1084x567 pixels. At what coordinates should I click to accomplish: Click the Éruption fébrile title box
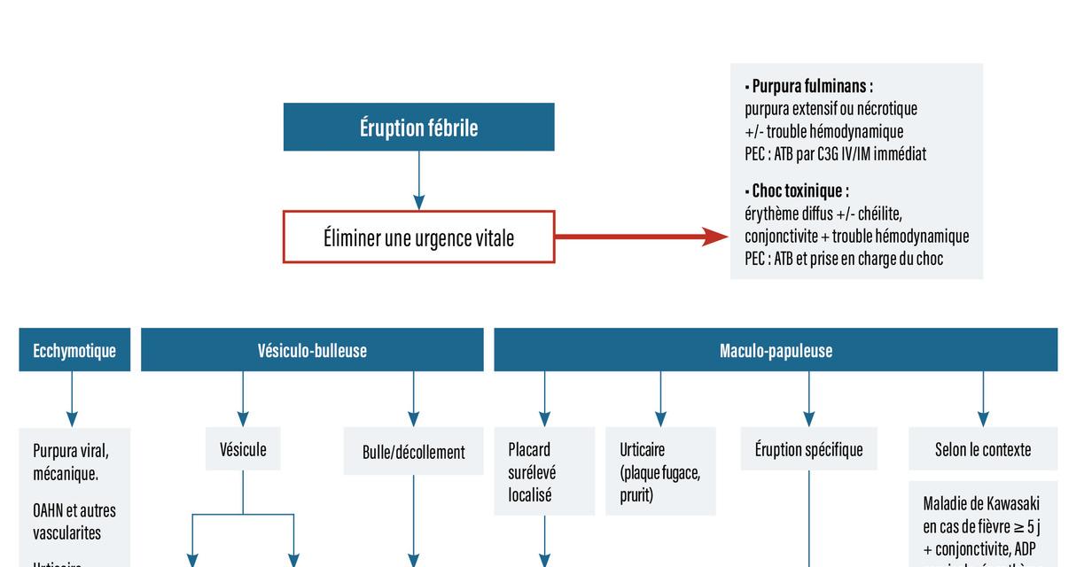(418, 128)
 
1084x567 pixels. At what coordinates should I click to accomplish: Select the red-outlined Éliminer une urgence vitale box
(418, 237)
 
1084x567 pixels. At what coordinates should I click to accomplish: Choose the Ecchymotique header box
(74, 350)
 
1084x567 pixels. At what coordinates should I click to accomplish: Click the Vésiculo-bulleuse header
(312, 350)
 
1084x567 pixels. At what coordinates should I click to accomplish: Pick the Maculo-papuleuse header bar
(776, 350)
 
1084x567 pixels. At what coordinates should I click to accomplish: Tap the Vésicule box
(243, 449)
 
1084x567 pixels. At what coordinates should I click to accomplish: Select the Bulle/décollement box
(413, 452)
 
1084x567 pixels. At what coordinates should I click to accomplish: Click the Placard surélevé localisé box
(543, 472)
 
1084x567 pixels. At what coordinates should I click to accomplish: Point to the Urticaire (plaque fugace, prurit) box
(660, 472)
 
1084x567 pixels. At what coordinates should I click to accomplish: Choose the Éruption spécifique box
(808, 449)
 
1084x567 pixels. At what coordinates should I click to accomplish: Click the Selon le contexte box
(982, 449)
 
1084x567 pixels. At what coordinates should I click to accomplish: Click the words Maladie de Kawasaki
(981, 503)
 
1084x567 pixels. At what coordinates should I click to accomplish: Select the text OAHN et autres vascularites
(74, 522)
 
